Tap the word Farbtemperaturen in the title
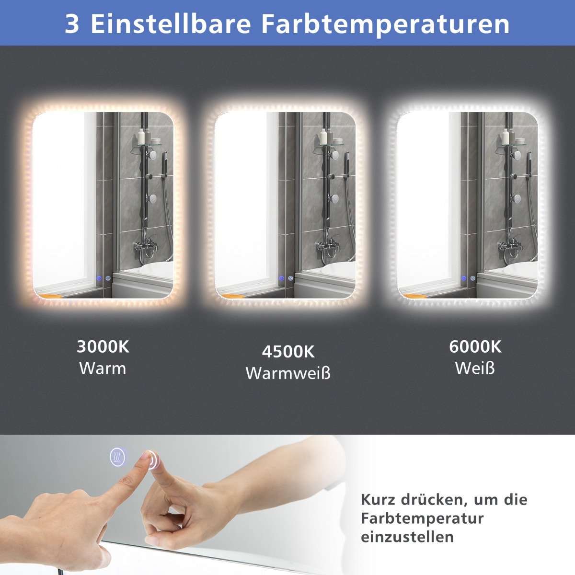coord(385,25)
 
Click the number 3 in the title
coord(72,24)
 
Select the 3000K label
coord(103,347)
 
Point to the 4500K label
coord(288,352)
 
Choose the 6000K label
coord(475,347)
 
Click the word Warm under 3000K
coord(103,368)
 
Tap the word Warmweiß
coord(288,373)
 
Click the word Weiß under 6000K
coord(475,368)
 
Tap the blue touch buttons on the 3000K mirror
coord(103,278)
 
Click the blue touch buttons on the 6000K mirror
coord(468,278)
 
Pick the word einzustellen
coord(407,537)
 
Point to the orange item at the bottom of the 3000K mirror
coord(51,296)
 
